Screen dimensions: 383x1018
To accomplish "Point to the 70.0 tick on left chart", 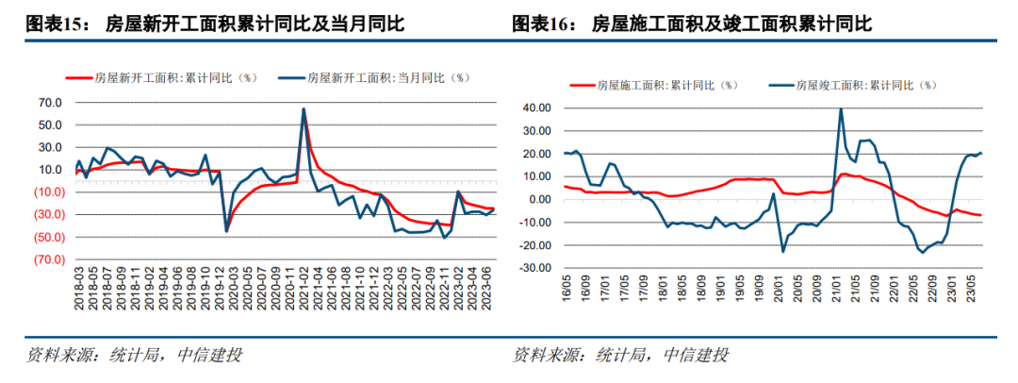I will point(49,103).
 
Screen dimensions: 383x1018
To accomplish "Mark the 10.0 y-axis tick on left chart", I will point(49,170).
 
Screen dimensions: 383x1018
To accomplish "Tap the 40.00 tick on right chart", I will point(534,108).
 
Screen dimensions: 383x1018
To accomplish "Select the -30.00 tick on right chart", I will point(533,268).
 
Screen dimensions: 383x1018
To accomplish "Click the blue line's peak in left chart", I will point(304,108).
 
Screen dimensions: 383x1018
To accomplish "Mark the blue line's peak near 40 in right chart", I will point(841,108).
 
